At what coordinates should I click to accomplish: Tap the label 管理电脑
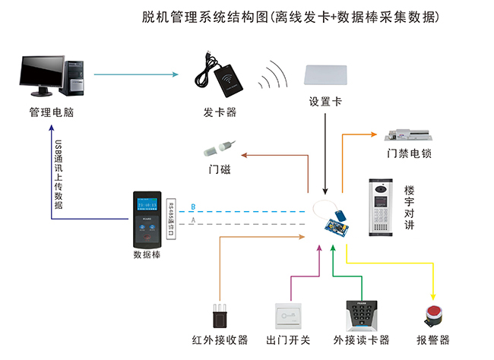(x=52, y=113)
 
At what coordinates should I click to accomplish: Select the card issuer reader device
(x=226, y=76)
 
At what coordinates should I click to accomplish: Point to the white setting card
(x=325, y=75)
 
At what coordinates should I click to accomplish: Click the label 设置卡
(x=325, y=102)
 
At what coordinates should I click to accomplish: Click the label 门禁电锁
(x=409, y=153)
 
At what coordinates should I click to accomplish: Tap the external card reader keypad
(x=360, y=314)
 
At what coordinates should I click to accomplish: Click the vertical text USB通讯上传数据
(x=59, y=173)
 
